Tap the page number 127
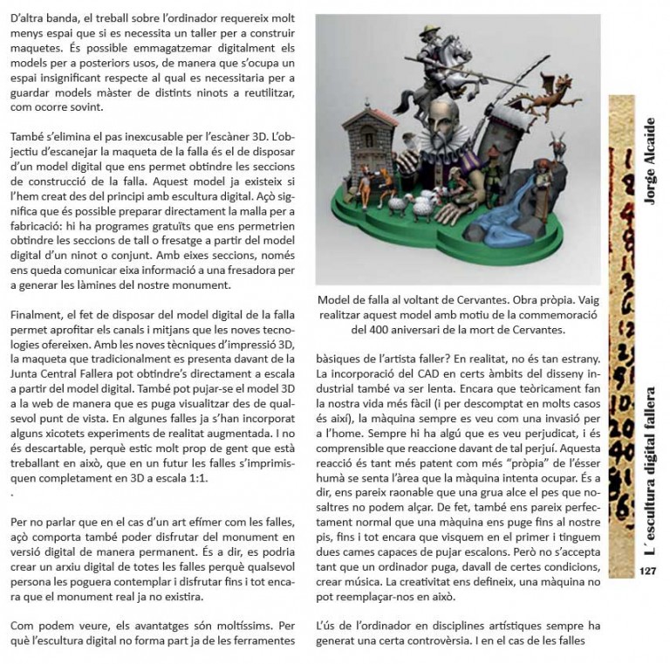tap(647, 572)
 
